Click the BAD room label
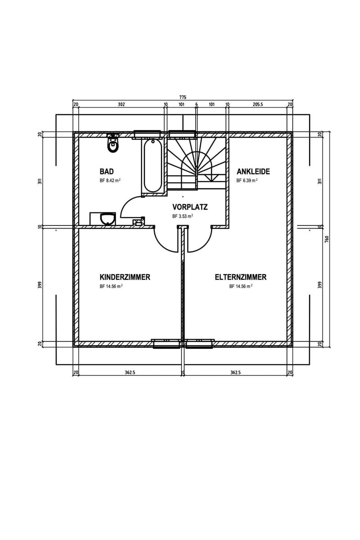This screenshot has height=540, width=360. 107,171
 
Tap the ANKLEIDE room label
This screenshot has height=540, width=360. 253,171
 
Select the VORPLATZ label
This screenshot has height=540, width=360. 190,207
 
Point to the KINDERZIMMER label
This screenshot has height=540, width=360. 125,277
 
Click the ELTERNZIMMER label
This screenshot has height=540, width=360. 241,277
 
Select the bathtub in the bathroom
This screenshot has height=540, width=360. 153,166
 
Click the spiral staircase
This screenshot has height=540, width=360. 197,163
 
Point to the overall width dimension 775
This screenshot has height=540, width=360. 183,97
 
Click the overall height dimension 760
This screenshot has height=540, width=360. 327,239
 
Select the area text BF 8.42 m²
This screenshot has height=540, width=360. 110,180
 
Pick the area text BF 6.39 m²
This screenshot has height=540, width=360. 247,180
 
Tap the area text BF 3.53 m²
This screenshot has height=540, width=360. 183,216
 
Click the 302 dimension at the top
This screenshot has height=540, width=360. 121,104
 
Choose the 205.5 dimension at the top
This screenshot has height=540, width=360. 258,104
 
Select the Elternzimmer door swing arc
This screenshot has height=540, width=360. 205,244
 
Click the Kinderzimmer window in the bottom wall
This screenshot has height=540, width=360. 166,344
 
